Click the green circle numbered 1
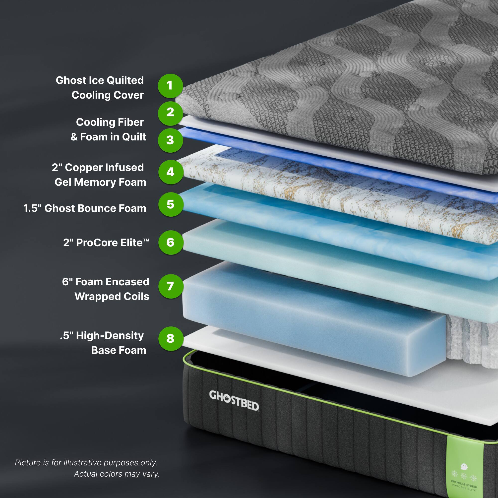click(170, 86)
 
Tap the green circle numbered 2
click(170, 113)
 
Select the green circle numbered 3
click(170, 140)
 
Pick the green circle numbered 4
click(170, 172)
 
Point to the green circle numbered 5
click(170, 204)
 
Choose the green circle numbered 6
click(170, 243)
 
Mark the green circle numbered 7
click(170, 286)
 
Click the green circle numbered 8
click(170, 338)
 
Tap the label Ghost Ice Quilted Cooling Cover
click(100, 88)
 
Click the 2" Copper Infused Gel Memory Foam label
click(99, 175)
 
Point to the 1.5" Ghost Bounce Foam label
click(85, 208)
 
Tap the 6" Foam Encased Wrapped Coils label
click(106, 289)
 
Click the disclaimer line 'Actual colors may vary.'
click(117, 474)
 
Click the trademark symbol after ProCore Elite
click(146, 240)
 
